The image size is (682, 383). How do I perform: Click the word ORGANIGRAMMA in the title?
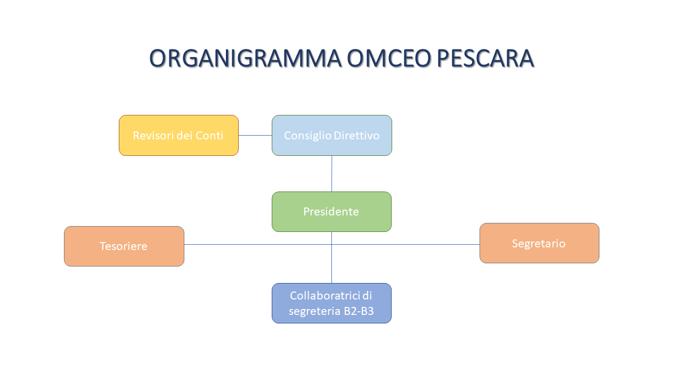(246, 58)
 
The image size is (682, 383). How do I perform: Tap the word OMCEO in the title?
(389, 58)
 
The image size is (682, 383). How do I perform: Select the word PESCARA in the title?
(485, 58)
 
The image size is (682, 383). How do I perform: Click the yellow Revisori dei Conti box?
(178, 135)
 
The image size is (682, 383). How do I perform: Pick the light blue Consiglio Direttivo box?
(332, 135)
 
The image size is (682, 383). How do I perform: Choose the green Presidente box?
(331, 212)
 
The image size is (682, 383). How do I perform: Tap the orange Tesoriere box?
(124, 246)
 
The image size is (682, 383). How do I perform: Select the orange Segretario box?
(539, 243)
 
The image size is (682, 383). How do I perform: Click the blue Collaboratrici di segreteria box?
(331, 303)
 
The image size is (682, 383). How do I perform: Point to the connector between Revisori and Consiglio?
(255, 135)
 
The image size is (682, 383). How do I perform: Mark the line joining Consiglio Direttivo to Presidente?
(331, 173)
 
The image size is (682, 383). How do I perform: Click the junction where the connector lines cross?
(331, 244)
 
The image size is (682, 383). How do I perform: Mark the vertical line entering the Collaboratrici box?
(331, 264)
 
